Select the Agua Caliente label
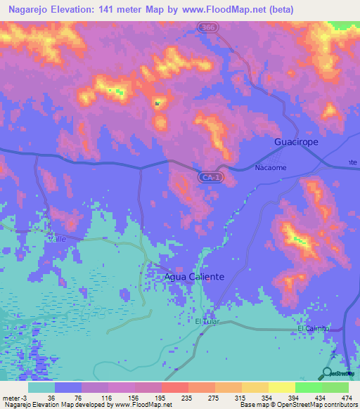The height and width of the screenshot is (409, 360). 194,277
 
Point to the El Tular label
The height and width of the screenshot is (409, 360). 209,322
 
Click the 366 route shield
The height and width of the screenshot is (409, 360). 206,27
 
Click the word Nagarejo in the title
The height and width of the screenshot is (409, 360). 30,10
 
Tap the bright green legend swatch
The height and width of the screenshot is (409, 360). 308,387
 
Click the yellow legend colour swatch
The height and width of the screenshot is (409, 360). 255,387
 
